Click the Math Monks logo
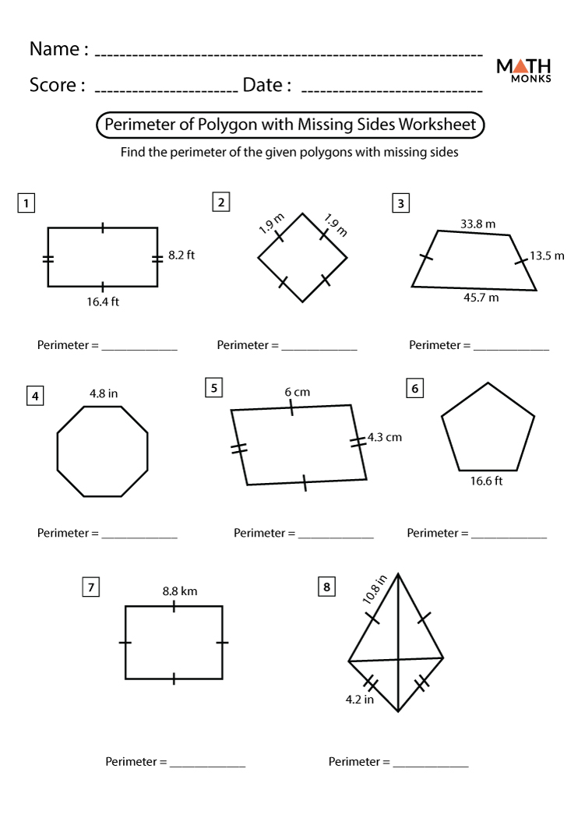[523, 69]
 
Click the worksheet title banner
[290, 125]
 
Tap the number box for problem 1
[26, 204]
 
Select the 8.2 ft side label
[182, 255]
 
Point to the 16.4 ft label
[103, 301]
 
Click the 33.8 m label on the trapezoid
[478, 224]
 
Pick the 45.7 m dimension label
[481, 298]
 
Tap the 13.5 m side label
[547, 255]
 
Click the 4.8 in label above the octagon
[103, 393]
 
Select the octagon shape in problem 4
[103, 451]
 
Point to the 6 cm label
[297, 392]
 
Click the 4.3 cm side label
[384, 437]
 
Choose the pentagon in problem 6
[488, 429]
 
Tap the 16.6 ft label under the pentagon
[486, 481]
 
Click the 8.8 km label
[180, 591]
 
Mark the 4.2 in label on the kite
[360, 699]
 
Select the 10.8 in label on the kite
[375, 590]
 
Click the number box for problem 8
[326, 587]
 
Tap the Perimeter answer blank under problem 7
[207, 762]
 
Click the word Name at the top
[54, 49]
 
